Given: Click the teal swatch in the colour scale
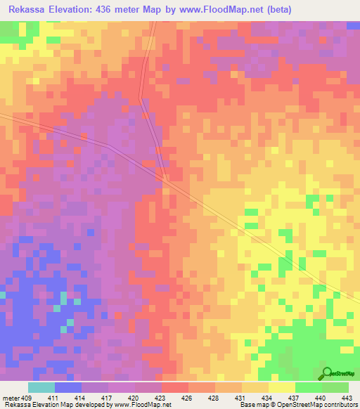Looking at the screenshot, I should pos(41,387).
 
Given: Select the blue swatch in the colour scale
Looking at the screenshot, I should pos(68,387).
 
